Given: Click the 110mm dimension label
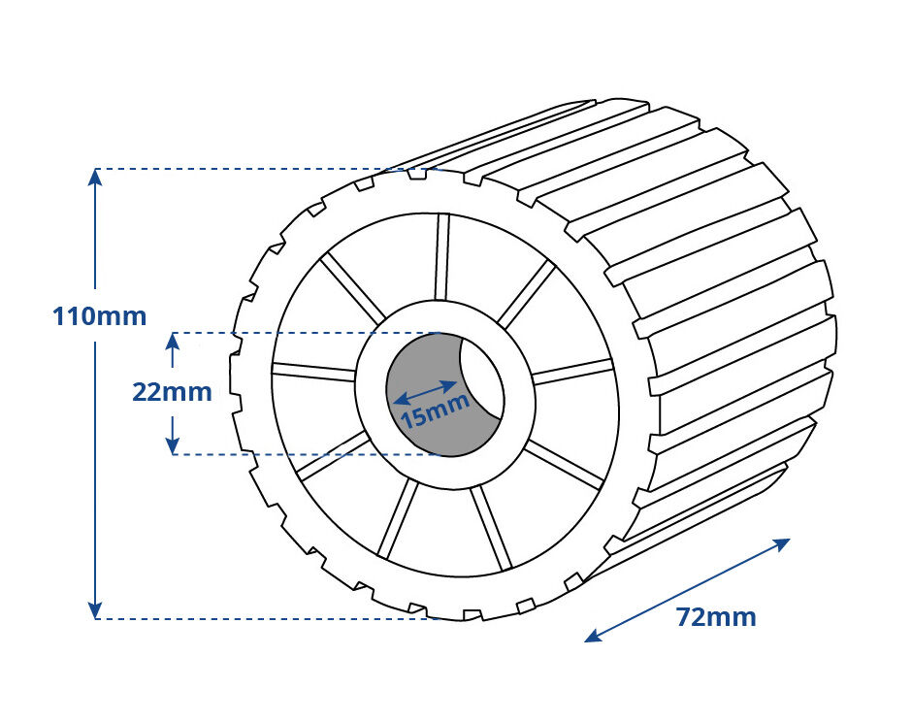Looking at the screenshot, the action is click(x=100, y=316).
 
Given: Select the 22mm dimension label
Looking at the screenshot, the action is click(x=172, y=392).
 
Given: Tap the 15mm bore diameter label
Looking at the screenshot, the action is click(x=436, y=410).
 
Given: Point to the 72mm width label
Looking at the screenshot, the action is click(x=716, y=616).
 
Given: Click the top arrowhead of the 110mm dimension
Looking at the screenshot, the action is click(x=95, y=177).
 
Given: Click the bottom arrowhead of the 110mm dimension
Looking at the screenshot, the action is click(x=95, y=609).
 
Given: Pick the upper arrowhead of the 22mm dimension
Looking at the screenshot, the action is click(x=172, y=341).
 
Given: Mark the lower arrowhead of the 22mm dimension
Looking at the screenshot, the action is click(x=172, y=445).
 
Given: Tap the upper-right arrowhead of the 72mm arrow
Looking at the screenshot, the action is click(x=781, y=543).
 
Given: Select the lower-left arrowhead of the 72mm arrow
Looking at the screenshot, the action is click(x=594, y=637).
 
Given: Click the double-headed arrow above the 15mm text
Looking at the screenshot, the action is click(x=425, y=392).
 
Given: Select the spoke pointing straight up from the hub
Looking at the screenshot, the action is click(x=442, y=256).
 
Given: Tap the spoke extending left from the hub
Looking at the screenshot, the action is click(x=314, y=371).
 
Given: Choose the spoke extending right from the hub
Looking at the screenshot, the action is click(x=572, y=372).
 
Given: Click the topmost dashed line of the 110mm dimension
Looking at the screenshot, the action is click(x=269, y=169).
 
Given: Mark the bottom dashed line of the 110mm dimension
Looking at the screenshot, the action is click(x=269, y=618).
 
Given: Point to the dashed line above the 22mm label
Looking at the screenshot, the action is click(x=306, y=334).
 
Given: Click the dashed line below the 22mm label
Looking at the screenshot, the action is click(x=306, y=454).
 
